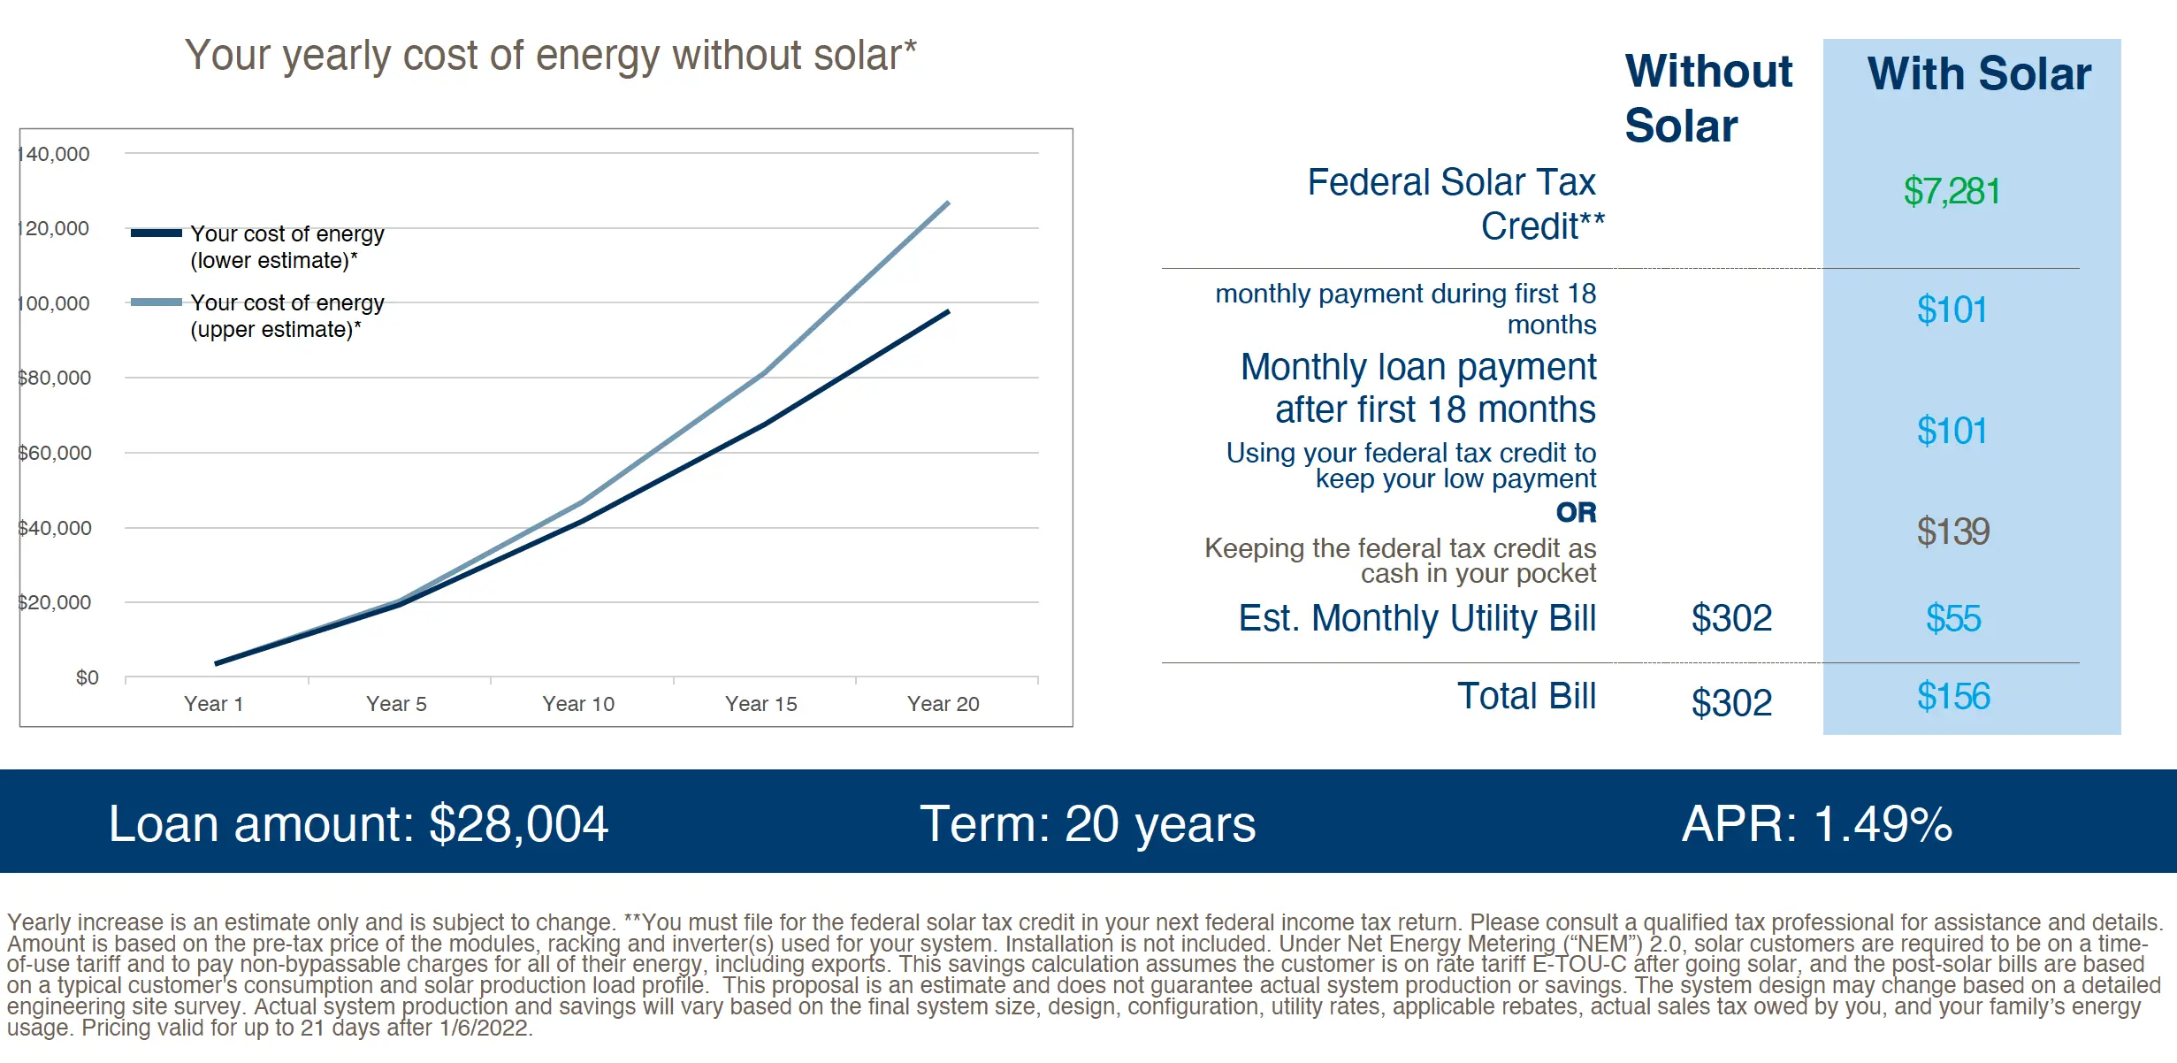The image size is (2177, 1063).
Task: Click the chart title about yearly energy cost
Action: [x=550, y=56]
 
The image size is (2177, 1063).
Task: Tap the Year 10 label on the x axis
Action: [x=578, y=704]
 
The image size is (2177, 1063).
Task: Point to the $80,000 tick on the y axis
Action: [x=55, y=379]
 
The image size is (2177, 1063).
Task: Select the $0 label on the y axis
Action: [x=87, y=677]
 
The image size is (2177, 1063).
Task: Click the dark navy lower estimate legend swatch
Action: [x=156, y=233]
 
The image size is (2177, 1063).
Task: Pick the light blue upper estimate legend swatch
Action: [x=156, y=302]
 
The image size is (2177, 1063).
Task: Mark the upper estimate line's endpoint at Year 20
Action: [x=948, y=203]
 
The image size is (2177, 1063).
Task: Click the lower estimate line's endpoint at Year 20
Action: [x=948, y=311]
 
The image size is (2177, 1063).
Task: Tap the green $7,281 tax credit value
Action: [x=1952, y=192]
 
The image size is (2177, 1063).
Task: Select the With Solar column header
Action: [x=1979, y=73]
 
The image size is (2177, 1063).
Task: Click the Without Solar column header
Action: [x=1707, y=98]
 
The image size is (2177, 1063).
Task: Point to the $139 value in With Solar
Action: [x=1952, y=531]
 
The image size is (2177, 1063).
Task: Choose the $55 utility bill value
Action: [x=1953, y=618]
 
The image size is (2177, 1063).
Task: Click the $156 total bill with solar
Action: [x=1953, y=697]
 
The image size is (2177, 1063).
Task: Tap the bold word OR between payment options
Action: [x=1576, y=512]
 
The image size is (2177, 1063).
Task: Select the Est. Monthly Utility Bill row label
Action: [x=1417, y=618]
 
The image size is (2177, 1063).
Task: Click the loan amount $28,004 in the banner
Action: [x=518, y=824]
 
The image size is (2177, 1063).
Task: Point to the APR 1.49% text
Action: [x=1816, y=824]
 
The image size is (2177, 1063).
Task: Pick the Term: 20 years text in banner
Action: [x=1088, y=824]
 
